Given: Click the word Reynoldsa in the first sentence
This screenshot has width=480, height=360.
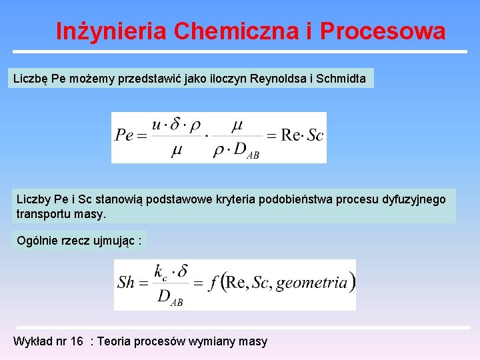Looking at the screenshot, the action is (275, 79).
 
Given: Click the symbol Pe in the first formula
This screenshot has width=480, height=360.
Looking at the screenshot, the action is (124, 136).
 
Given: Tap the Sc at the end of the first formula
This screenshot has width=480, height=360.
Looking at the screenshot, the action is (315, 136).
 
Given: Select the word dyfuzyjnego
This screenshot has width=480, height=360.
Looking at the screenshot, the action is (413, 199).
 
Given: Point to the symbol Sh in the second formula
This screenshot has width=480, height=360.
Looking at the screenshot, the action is (125, 283).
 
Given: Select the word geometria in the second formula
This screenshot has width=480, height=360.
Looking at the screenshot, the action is (312, 283).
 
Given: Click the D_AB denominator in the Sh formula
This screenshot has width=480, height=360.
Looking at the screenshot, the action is (169, 297).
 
